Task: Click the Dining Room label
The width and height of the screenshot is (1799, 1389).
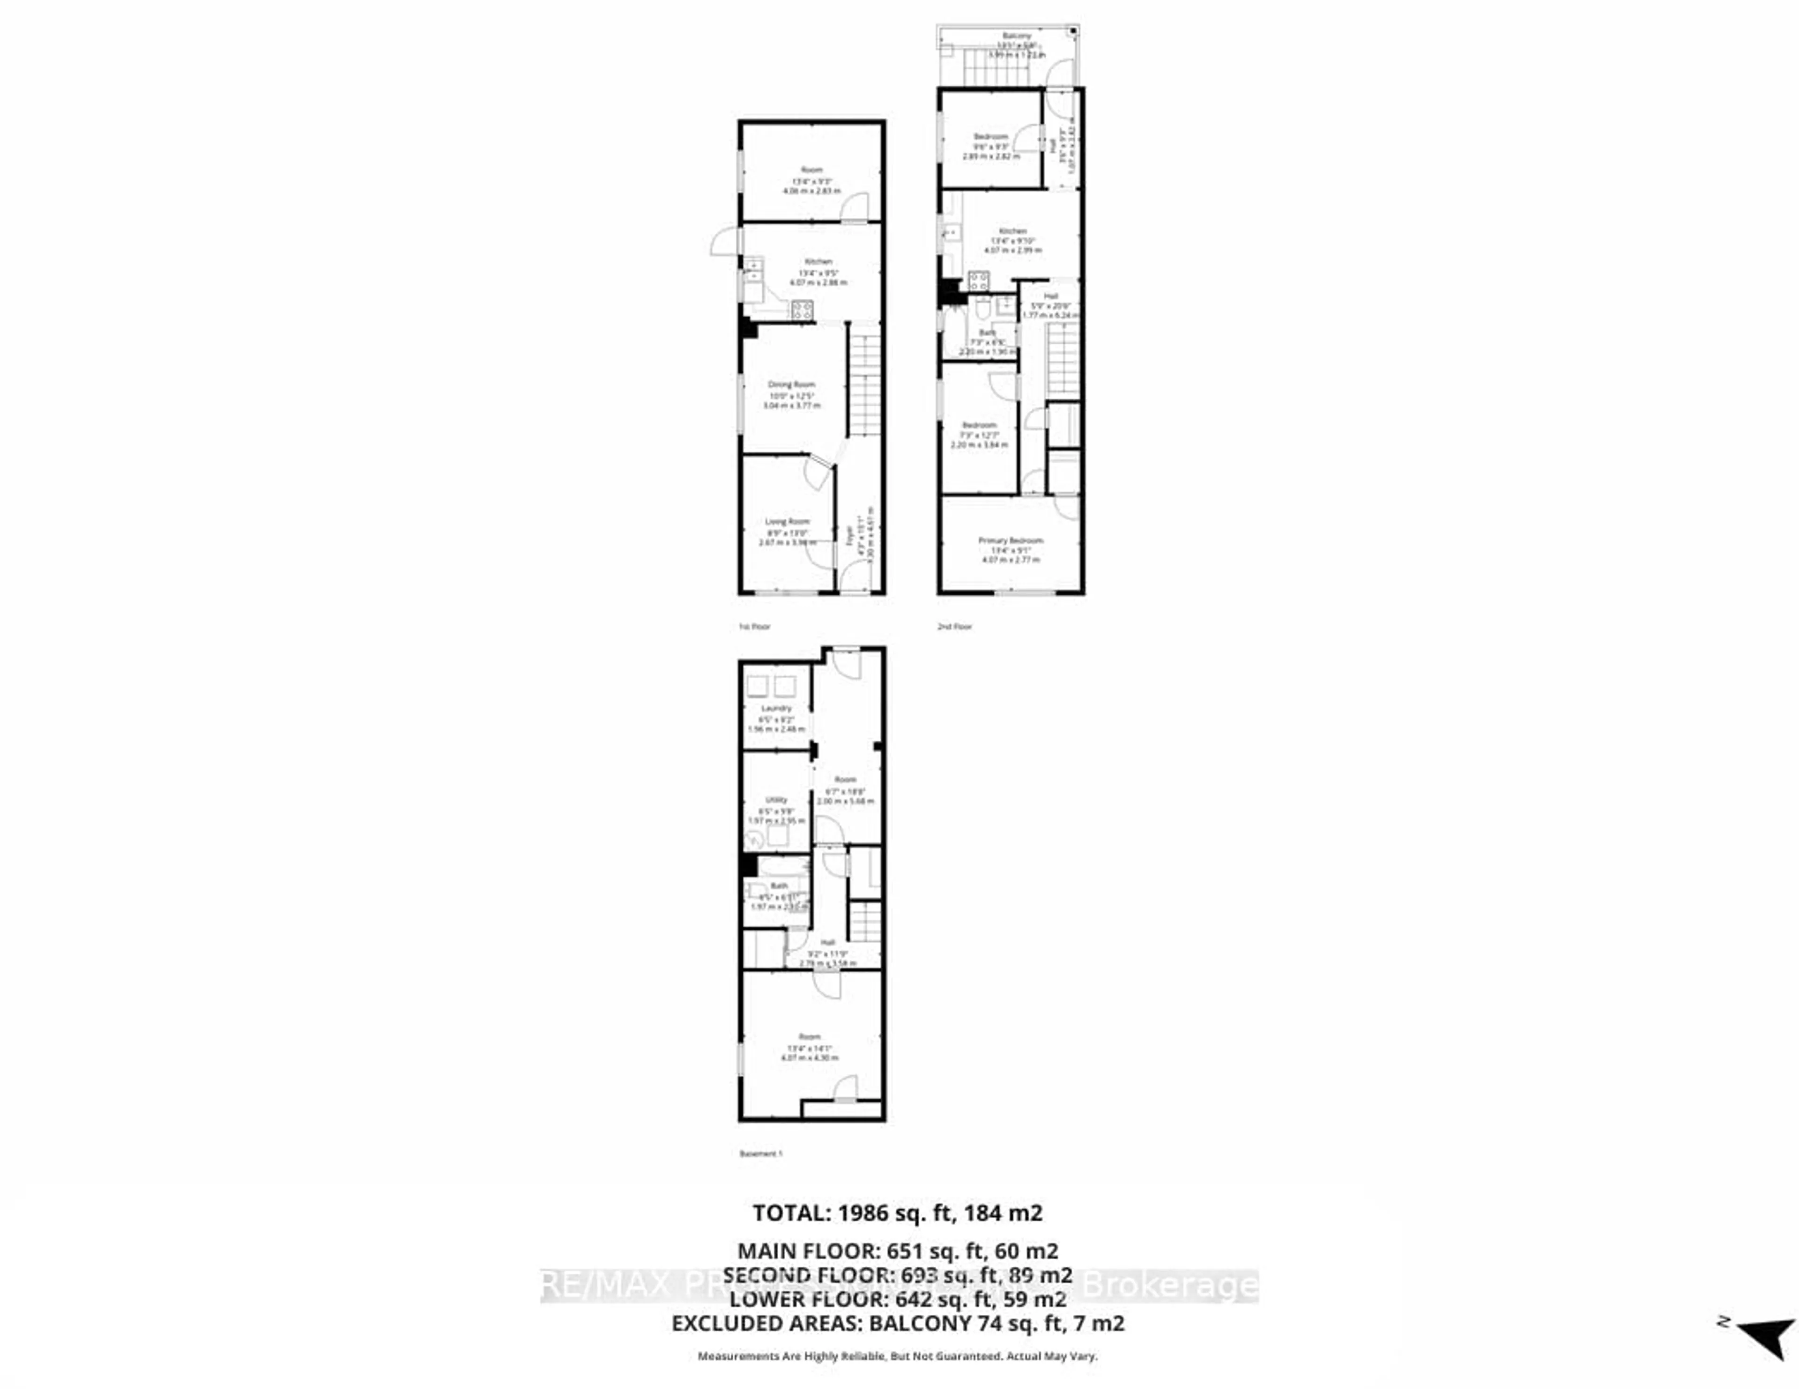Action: pos(792,384)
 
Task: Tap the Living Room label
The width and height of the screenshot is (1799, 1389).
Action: pos(788,521)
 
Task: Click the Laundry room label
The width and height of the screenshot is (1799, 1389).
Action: pos(776,708)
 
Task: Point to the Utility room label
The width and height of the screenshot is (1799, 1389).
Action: pos(776,799)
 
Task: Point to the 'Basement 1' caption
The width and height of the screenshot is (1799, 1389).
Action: pos(760,1153)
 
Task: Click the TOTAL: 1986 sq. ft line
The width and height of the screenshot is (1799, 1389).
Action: pos(897,1213)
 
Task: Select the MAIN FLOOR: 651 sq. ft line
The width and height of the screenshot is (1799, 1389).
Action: pos(897,1251)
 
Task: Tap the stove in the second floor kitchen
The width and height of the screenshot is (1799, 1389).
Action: pos(979,281)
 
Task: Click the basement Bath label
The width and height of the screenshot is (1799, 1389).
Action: pos(779,886)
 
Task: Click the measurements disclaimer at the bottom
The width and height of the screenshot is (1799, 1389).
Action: pos(897,1356)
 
